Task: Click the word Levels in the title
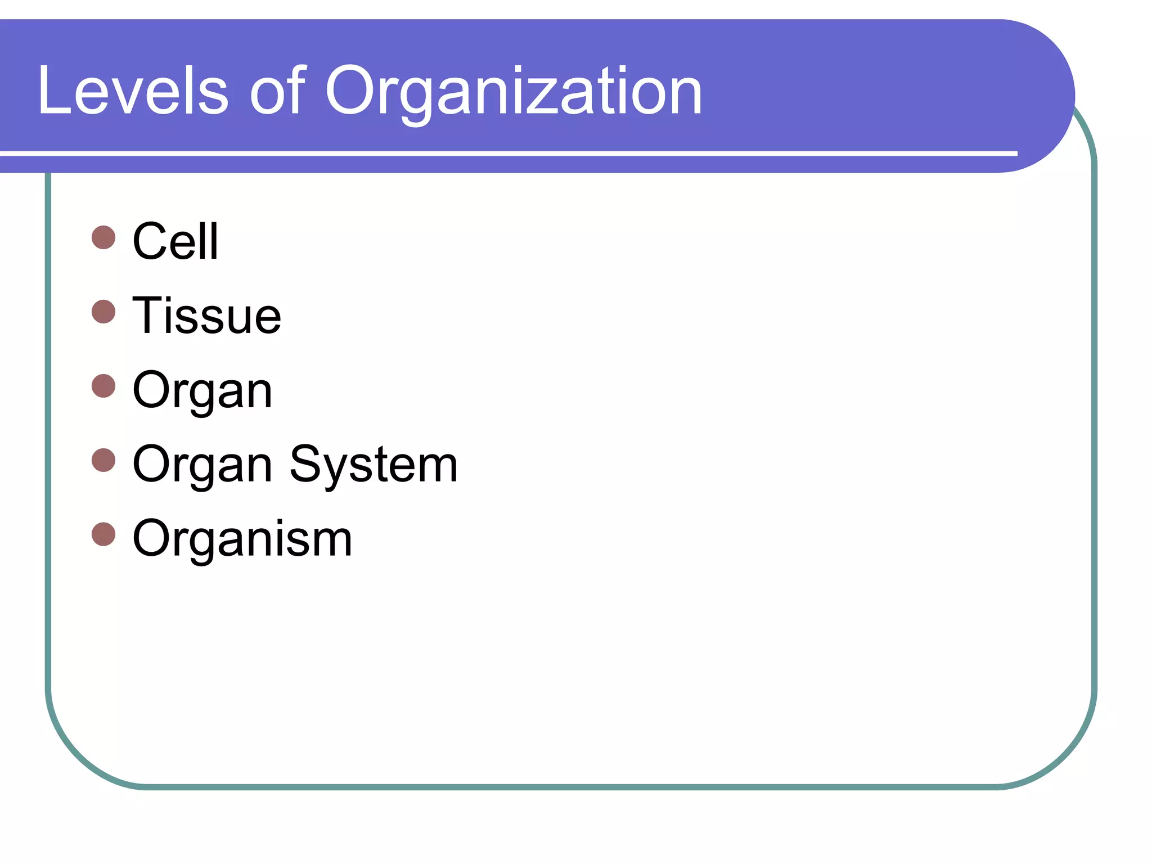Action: (x=133, y=91)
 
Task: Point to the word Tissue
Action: (x=206, y=316)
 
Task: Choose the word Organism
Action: (x=242, y=539)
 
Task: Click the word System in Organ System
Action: (x=373, y=465)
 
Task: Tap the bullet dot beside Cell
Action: (x=103, y=237)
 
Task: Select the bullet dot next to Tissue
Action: (x=103, y=312)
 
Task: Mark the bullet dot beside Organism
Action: (x=103, y=534)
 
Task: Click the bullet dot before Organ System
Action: (x=103, y=460)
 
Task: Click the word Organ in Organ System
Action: (x=202, y=465)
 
